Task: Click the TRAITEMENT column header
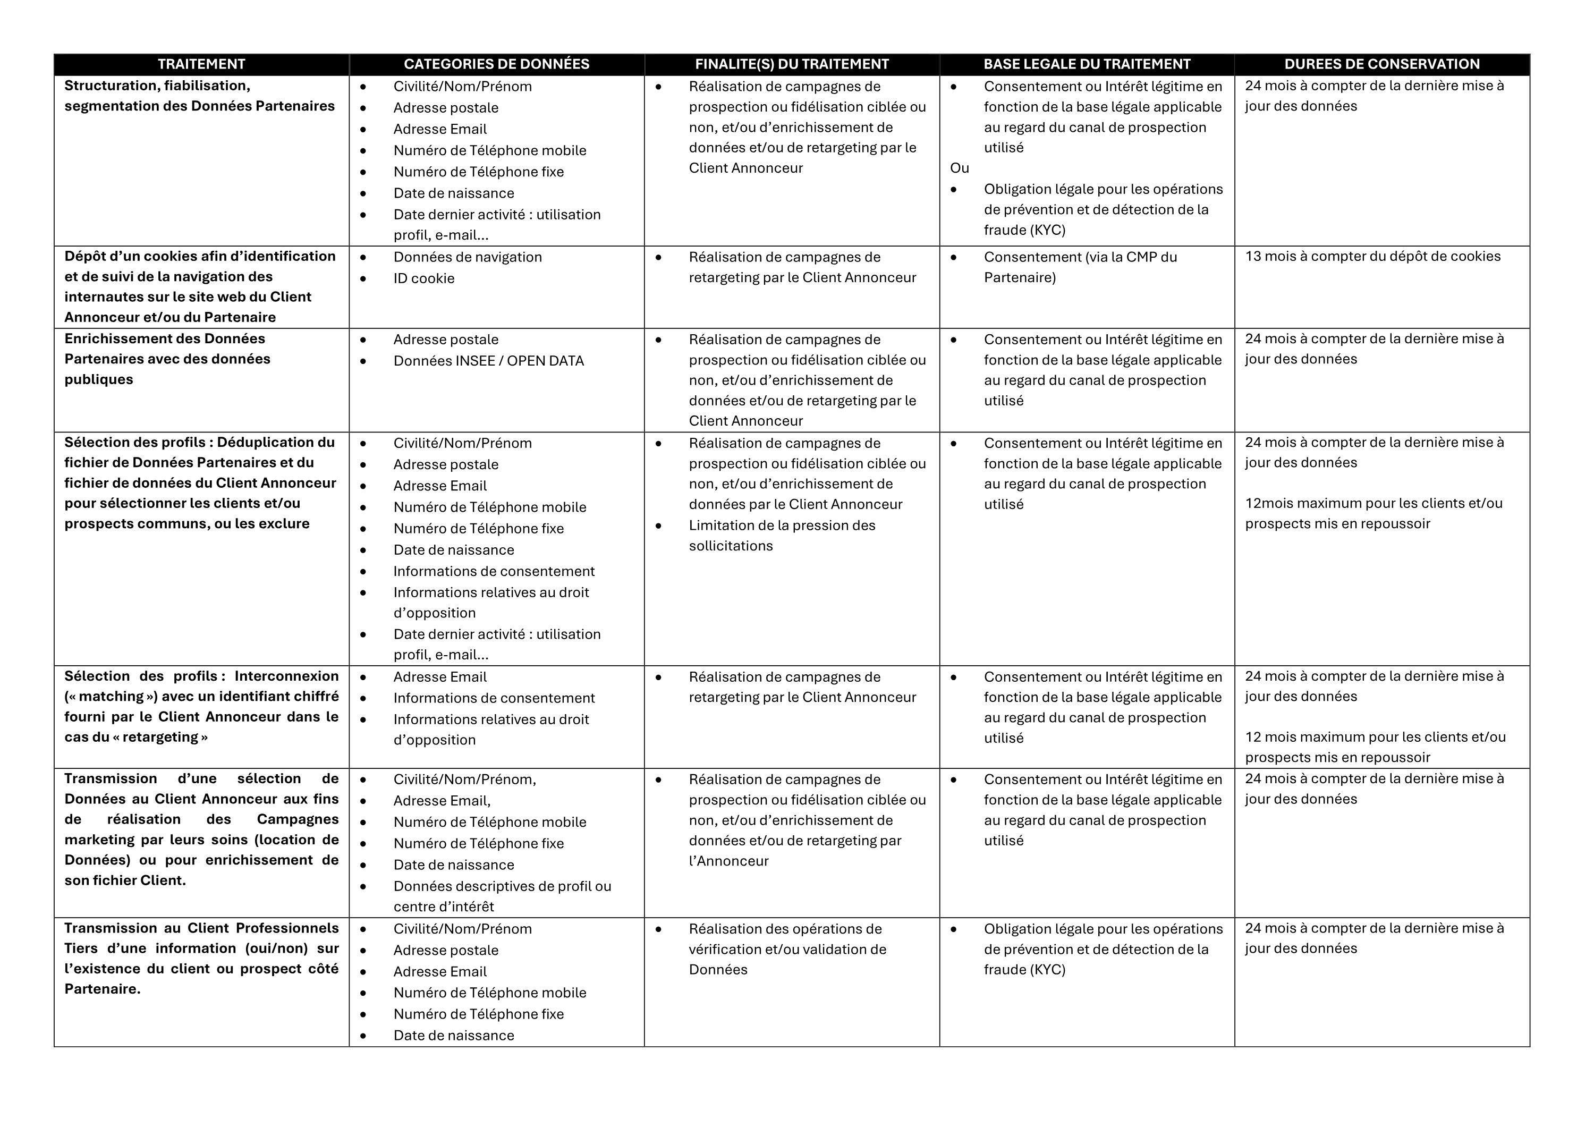pos(201,64)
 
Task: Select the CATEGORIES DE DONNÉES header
pos(496,64)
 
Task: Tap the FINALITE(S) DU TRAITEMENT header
pos(792,64)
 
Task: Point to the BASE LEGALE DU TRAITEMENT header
pos(1087,64)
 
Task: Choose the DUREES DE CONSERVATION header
pos(1381,64)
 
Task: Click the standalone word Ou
pos(960,168)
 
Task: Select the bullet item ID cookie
pos(423,278)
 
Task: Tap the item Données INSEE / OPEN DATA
pos(488,361)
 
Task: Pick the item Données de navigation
pos(467,257)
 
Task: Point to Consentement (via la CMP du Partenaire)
pos(1080,267)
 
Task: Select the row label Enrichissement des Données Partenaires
pos(167,359)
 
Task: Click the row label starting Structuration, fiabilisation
pos(199,96)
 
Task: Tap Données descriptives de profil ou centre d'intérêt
pos(502,896)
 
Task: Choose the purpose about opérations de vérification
pos(787,948)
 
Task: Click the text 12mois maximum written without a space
pos(1373,513)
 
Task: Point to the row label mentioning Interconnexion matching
pos(201,706)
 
